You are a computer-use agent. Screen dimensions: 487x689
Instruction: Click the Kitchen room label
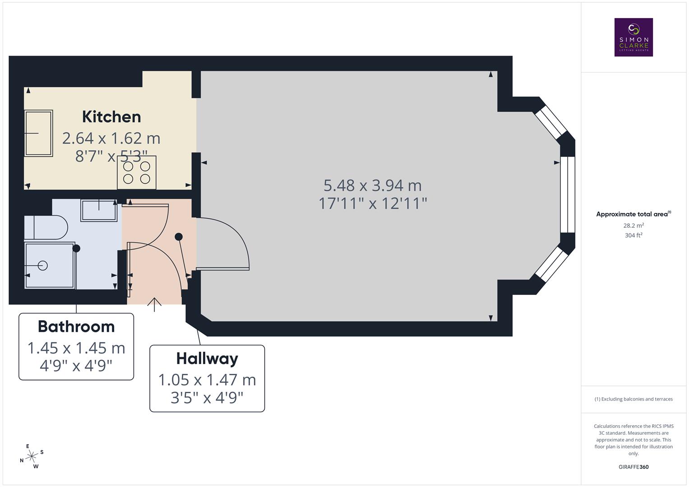(111, 117)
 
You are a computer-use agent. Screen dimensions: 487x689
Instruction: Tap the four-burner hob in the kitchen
(137, 172)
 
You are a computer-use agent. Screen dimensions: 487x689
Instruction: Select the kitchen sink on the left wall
(39, 133)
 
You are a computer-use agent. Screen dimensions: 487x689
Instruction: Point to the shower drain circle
(43, 266)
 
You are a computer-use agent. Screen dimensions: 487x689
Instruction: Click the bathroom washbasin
(99, 210)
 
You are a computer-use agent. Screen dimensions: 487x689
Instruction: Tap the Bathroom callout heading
(76, 326)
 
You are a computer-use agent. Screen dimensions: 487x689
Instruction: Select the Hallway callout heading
(207, 358)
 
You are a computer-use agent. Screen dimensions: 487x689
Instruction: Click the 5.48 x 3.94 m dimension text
(373, 185)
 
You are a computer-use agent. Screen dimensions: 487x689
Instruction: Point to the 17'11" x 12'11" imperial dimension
(373, 203)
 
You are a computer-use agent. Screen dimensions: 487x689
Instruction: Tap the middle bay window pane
(568, 194)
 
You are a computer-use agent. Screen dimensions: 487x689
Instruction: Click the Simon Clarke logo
(634, 37)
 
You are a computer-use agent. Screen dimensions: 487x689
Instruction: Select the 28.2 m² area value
(634, 225)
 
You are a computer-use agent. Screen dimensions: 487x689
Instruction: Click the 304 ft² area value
(634, 235)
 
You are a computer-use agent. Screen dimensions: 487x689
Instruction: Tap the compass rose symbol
(32, 456)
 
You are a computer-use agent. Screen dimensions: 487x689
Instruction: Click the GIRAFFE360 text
(634, 467)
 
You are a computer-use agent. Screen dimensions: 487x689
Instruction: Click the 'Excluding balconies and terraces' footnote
(634, 399)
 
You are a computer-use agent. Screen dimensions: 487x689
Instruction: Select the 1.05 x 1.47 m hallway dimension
(207, 380)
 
